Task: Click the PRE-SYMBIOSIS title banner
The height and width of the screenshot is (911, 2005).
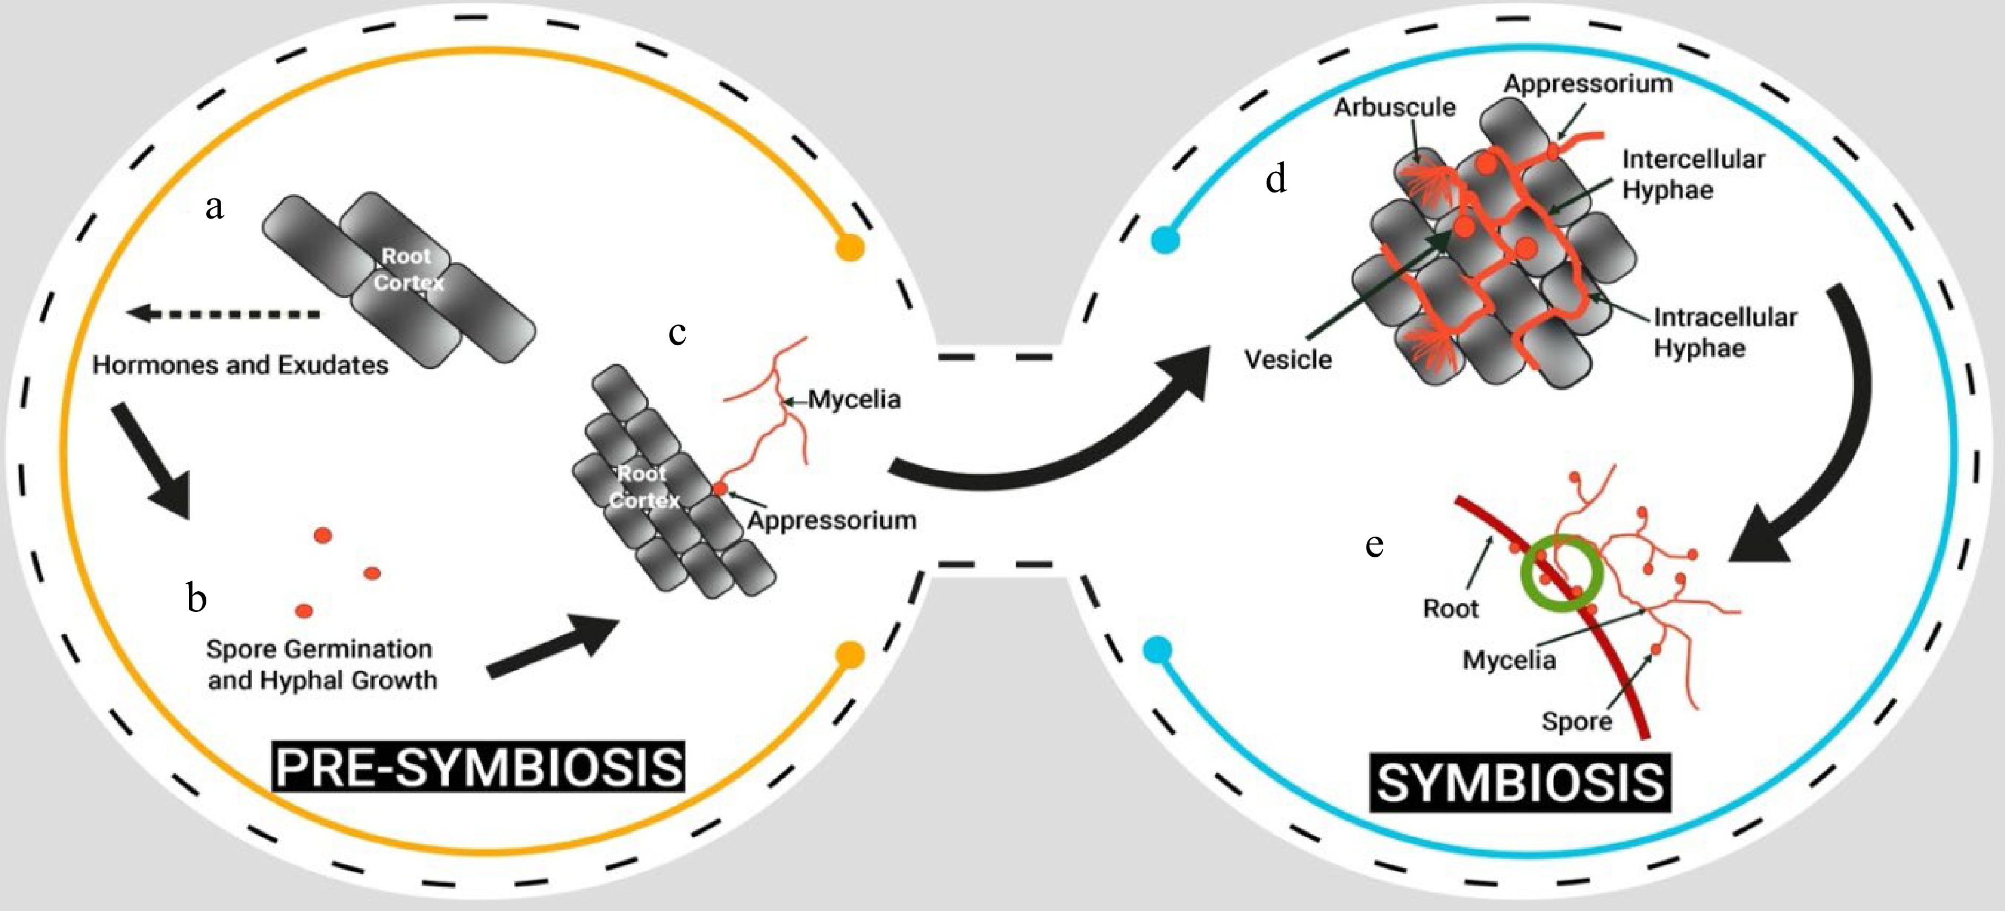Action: [478, 767]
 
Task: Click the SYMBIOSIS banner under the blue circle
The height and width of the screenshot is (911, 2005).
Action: [1520, 782]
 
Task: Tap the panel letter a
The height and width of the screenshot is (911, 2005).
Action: [215, 206]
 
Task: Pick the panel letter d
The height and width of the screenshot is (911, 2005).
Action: [1276, 179]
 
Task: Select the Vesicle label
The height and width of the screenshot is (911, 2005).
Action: [1287, 360]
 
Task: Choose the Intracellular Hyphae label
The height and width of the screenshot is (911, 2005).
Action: [1724, 332]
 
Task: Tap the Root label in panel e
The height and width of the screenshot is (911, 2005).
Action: [1450, 608]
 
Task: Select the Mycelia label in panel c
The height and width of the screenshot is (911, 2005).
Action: [854, 400]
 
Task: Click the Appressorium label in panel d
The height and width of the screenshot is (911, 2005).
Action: [1588, 84]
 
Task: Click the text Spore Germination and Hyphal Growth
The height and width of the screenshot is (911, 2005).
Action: [321, 664]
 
